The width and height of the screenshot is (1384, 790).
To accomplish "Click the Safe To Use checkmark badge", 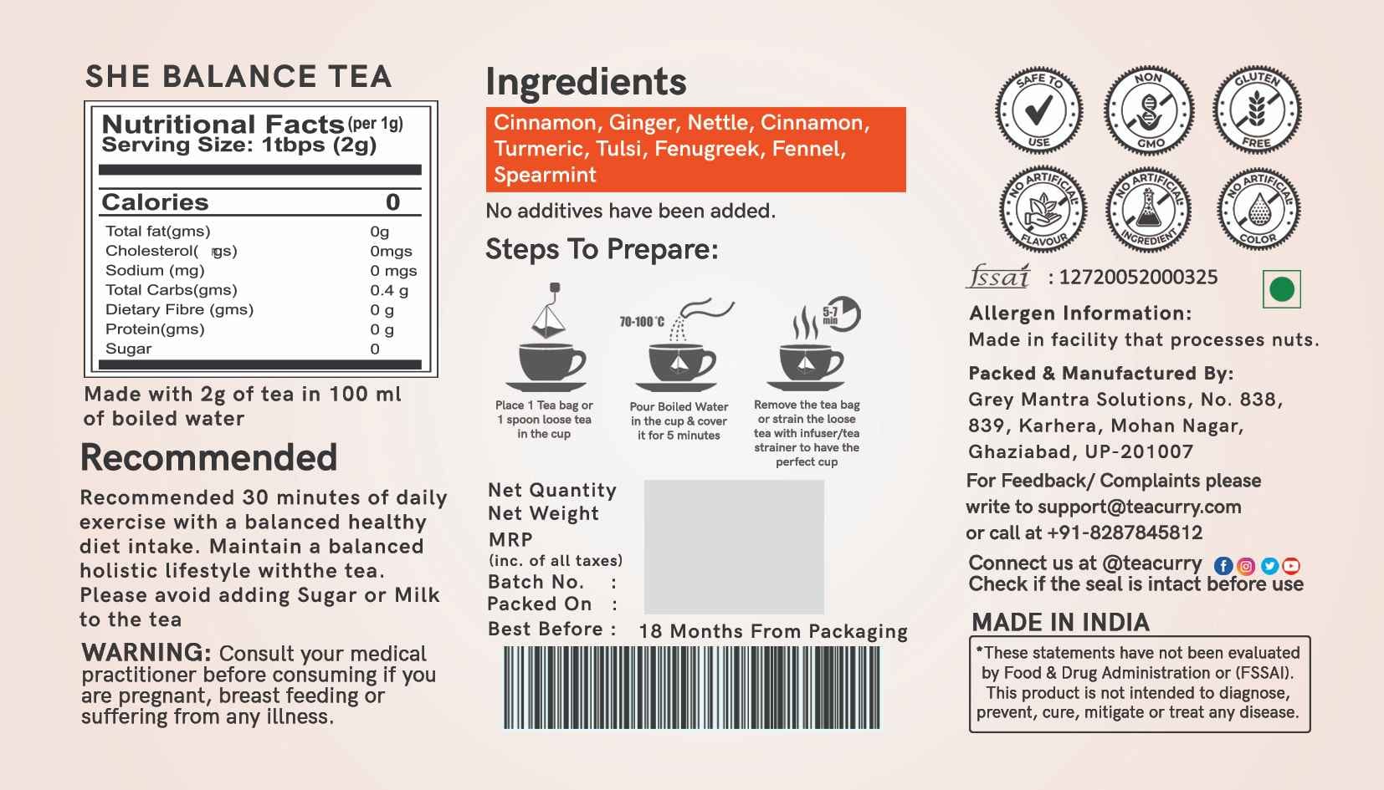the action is point(1038,110).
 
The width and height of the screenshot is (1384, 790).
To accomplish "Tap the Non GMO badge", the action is point(1149,110).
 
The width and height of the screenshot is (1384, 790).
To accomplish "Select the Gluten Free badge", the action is point(1257,110).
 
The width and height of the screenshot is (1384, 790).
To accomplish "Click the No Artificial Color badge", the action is point(1258,209).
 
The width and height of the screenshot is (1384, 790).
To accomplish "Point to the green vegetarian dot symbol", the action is point(1281,289).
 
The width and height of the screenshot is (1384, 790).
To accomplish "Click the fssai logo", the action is point(998,277).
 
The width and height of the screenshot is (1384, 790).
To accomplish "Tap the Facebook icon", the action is point(1223,566).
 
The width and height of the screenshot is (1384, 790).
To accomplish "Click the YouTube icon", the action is point(1291,566).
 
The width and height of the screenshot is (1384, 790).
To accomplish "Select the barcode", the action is point(691,687).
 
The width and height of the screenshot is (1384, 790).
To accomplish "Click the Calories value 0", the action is point(393,201).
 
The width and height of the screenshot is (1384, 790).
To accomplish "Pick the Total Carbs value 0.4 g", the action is point(389,290).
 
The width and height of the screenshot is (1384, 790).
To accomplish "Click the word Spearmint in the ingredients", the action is point(545,175).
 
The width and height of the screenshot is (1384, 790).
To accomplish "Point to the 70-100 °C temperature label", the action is point(642,322).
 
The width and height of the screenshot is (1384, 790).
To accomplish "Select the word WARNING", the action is point(146,652).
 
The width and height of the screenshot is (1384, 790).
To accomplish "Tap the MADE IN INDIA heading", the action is point(1060,622).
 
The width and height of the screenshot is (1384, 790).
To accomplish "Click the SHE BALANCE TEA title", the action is point(238,77).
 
